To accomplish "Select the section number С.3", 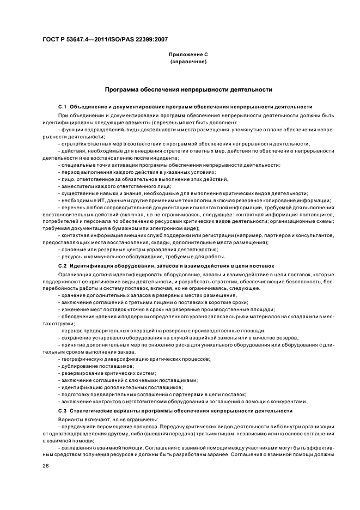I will pos(62,410).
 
